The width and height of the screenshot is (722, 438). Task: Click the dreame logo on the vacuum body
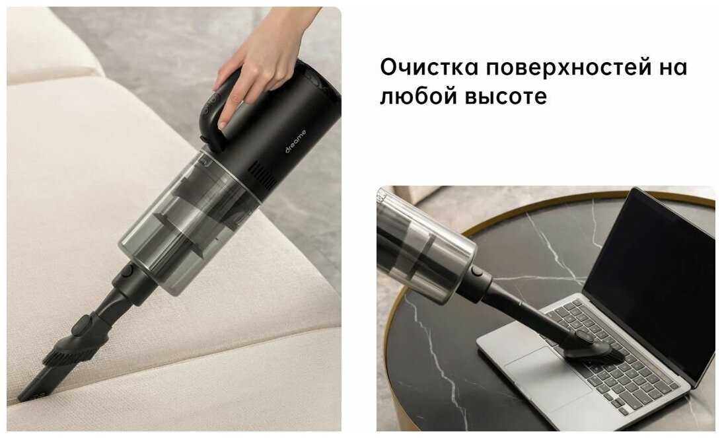[x=295, y=141]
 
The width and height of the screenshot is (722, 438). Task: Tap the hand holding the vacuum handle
[x=259, y=60]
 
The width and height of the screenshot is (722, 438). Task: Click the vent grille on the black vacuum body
[x=264, y=176]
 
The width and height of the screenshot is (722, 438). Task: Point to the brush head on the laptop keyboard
[x=593, y=351]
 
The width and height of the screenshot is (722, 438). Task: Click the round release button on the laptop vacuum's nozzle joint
[x=476, y=272]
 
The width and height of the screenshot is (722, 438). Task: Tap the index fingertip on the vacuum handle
[x=223, y=124]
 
